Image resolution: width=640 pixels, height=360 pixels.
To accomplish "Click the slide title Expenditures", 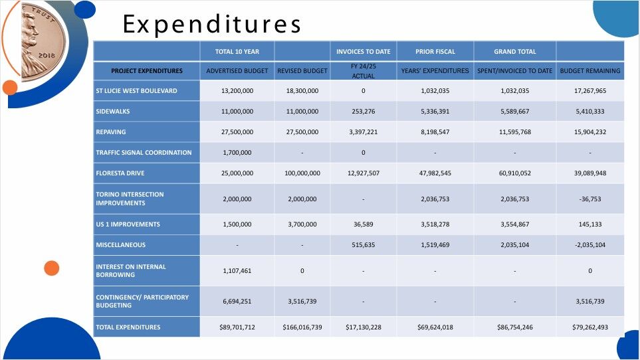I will point(212,25).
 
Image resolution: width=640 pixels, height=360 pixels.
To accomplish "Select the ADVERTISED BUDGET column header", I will point(237,70).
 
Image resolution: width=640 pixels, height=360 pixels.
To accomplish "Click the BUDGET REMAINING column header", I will point(590,70).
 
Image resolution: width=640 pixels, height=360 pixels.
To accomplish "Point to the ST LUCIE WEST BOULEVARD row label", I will point(136,91).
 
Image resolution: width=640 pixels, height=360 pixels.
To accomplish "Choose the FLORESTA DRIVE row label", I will point(120,173).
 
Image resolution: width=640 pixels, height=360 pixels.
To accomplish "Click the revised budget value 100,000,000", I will point(302,173).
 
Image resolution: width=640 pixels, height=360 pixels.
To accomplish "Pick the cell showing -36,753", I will point(590,199).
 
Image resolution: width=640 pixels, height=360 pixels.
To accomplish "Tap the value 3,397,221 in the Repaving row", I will point(364,132).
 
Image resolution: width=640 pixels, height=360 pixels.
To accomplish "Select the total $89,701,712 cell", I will point(237,327).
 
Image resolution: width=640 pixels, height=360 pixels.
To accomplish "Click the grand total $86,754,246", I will point(515,327).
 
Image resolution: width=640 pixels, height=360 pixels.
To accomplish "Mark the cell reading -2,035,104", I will point(590,245).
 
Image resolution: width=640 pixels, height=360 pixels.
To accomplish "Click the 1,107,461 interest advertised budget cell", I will point(237,271).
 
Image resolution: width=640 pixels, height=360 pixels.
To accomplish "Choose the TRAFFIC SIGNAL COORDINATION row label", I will point(144,153).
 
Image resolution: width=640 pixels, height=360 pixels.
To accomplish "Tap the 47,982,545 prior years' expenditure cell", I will point(435,173).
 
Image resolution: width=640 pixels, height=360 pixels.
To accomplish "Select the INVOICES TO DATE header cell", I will point(364,51).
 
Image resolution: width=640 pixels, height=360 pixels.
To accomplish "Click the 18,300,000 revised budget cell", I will point(302,91).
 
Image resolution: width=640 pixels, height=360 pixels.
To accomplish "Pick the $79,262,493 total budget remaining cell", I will point(590,327).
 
